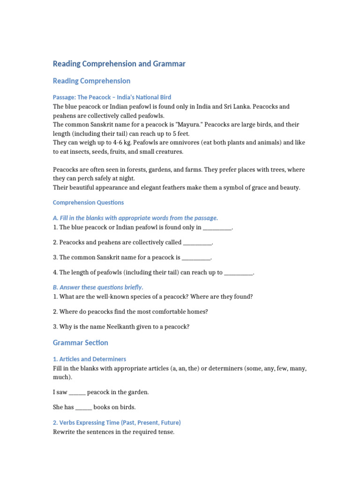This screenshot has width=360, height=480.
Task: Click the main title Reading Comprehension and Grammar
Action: coord(119,64)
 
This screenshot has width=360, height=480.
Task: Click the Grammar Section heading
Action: coord(80,343)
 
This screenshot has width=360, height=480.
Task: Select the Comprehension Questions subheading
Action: coord(88,202)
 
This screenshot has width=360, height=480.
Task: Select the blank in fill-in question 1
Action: coord(217,227)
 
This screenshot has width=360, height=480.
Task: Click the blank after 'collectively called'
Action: coord(197,242)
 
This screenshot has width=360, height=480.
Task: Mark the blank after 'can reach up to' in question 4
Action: coord(239,272)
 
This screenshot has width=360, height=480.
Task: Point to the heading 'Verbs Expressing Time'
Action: coord(117,422)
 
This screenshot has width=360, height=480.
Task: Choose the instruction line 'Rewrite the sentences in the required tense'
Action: coord(113,432)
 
